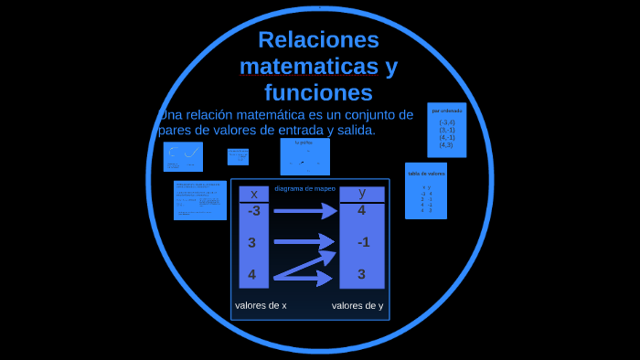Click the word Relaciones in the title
[x=318, y=40]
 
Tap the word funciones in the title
[x=318, y=92]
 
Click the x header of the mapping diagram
[x=254, y=194]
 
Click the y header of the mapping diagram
[x=362, y=193]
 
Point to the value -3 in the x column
[x=254, y=211]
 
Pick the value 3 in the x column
[x=252, y=242]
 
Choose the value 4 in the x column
[x=252, y=273]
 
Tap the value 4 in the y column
[x=362, y=211]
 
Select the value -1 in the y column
[x=363, y=242]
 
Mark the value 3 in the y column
[x=362, y=273]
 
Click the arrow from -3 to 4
[x=305, y=212]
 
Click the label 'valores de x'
[x=261, y=305]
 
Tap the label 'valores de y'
[x=357, y=305]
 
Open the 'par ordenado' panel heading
[x=447, y=111]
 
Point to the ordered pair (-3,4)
[x=447, y=122]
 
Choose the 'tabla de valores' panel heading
[x=426, y=173]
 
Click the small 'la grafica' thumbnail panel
[x=305, y=156]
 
